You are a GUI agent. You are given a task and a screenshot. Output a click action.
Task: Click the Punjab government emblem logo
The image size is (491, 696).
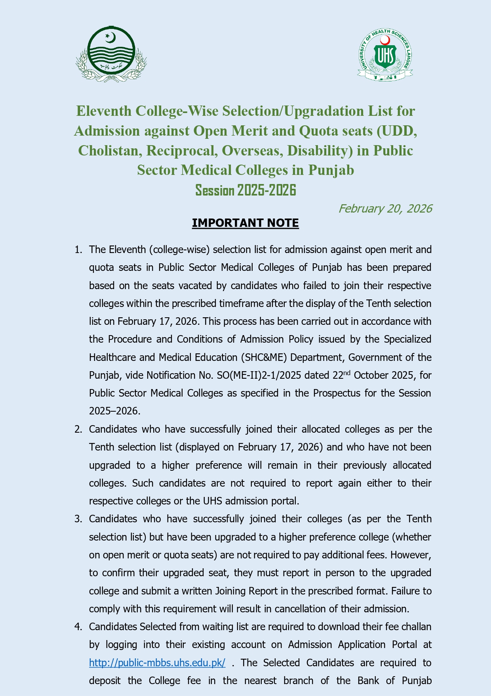tap(111, 54)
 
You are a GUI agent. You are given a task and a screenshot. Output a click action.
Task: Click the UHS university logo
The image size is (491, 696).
tap(385, 55)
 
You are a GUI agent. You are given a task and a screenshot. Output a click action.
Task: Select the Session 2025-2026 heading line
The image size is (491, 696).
tap(246, 190)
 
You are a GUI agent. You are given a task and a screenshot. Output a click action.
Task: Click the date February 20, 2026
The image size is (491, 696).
tap(385, 209)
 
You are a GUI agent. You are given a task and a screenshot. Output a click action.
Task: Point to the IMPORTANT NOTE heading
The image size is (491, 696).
tap(245, 223)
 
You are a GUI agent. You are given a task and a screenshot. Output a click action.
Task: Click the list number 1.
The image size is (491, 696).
tap(78, 250)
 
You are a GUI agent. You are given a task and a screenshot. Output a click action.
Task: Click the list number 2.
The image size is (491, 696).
tap(78, 429)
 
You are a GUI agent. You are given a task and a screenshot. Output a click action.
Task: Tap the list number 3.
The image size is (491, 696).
tap(78, 519)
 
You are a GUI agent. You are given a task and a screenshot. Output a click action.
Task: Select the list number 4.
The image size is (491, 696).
tap(78, 627)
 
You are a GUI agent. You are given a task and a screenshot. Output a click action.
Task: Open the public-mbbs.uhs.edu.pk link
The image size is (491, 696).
tap(157, 663)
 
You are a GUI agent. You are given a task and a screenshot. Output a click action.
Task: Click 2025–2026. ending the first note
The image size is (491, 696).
tap(114, 411)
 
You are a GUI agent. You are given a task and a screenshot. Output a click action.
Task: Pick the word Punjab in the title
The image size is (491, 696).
tap(331, 170)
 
